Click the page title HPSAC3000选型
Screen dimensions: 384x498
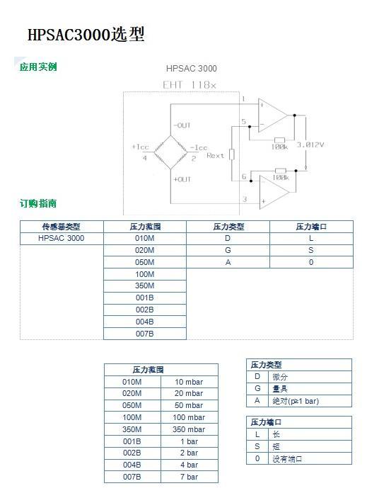(x=86, y=34)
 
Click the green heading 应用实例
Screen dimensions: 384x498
(x=38, y=67)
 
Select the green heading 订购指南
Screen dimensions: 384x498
(x=38, y=203)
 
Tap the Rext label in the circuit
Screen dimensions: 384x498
(x=215, y=155)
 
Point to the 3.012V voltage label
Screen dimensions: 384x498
(x=310, y=145)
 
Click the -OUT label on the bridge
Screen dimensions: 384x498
(x=182, y=125)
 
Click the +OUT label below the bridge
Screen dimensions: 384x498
(x=182, y=179)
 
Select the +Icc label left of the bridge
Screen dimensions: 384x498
(x=141, y=147)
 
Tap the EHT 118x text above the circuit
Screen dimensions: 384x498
(x=190, y=85)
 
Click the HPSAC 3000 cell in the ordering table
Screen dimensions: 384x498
(x=62, y=238)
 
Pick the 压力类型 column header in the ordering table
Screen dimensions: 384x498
(x=228, y=227)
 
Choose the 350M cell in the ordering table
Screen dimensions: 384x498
(x=144, y=286)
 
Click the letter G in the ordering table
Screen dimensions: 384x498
(x=228, y=250)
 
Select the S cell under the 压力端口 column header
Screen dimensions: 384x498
(x=311, y=250)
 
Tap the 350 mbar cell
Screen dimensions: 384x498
(x=189, y=429)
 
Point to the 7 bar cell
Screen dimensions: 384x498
(x=189, y=477)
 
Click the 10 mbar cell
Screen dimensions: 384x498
(x=189, y=382)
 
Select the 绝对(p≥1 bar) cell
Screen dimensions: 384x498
(x=296, y=401)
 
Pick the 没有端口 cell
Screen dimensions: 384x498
(x=287, y=459)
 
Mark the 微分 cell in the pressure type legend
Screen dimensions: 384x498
(x=280, y=377)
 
